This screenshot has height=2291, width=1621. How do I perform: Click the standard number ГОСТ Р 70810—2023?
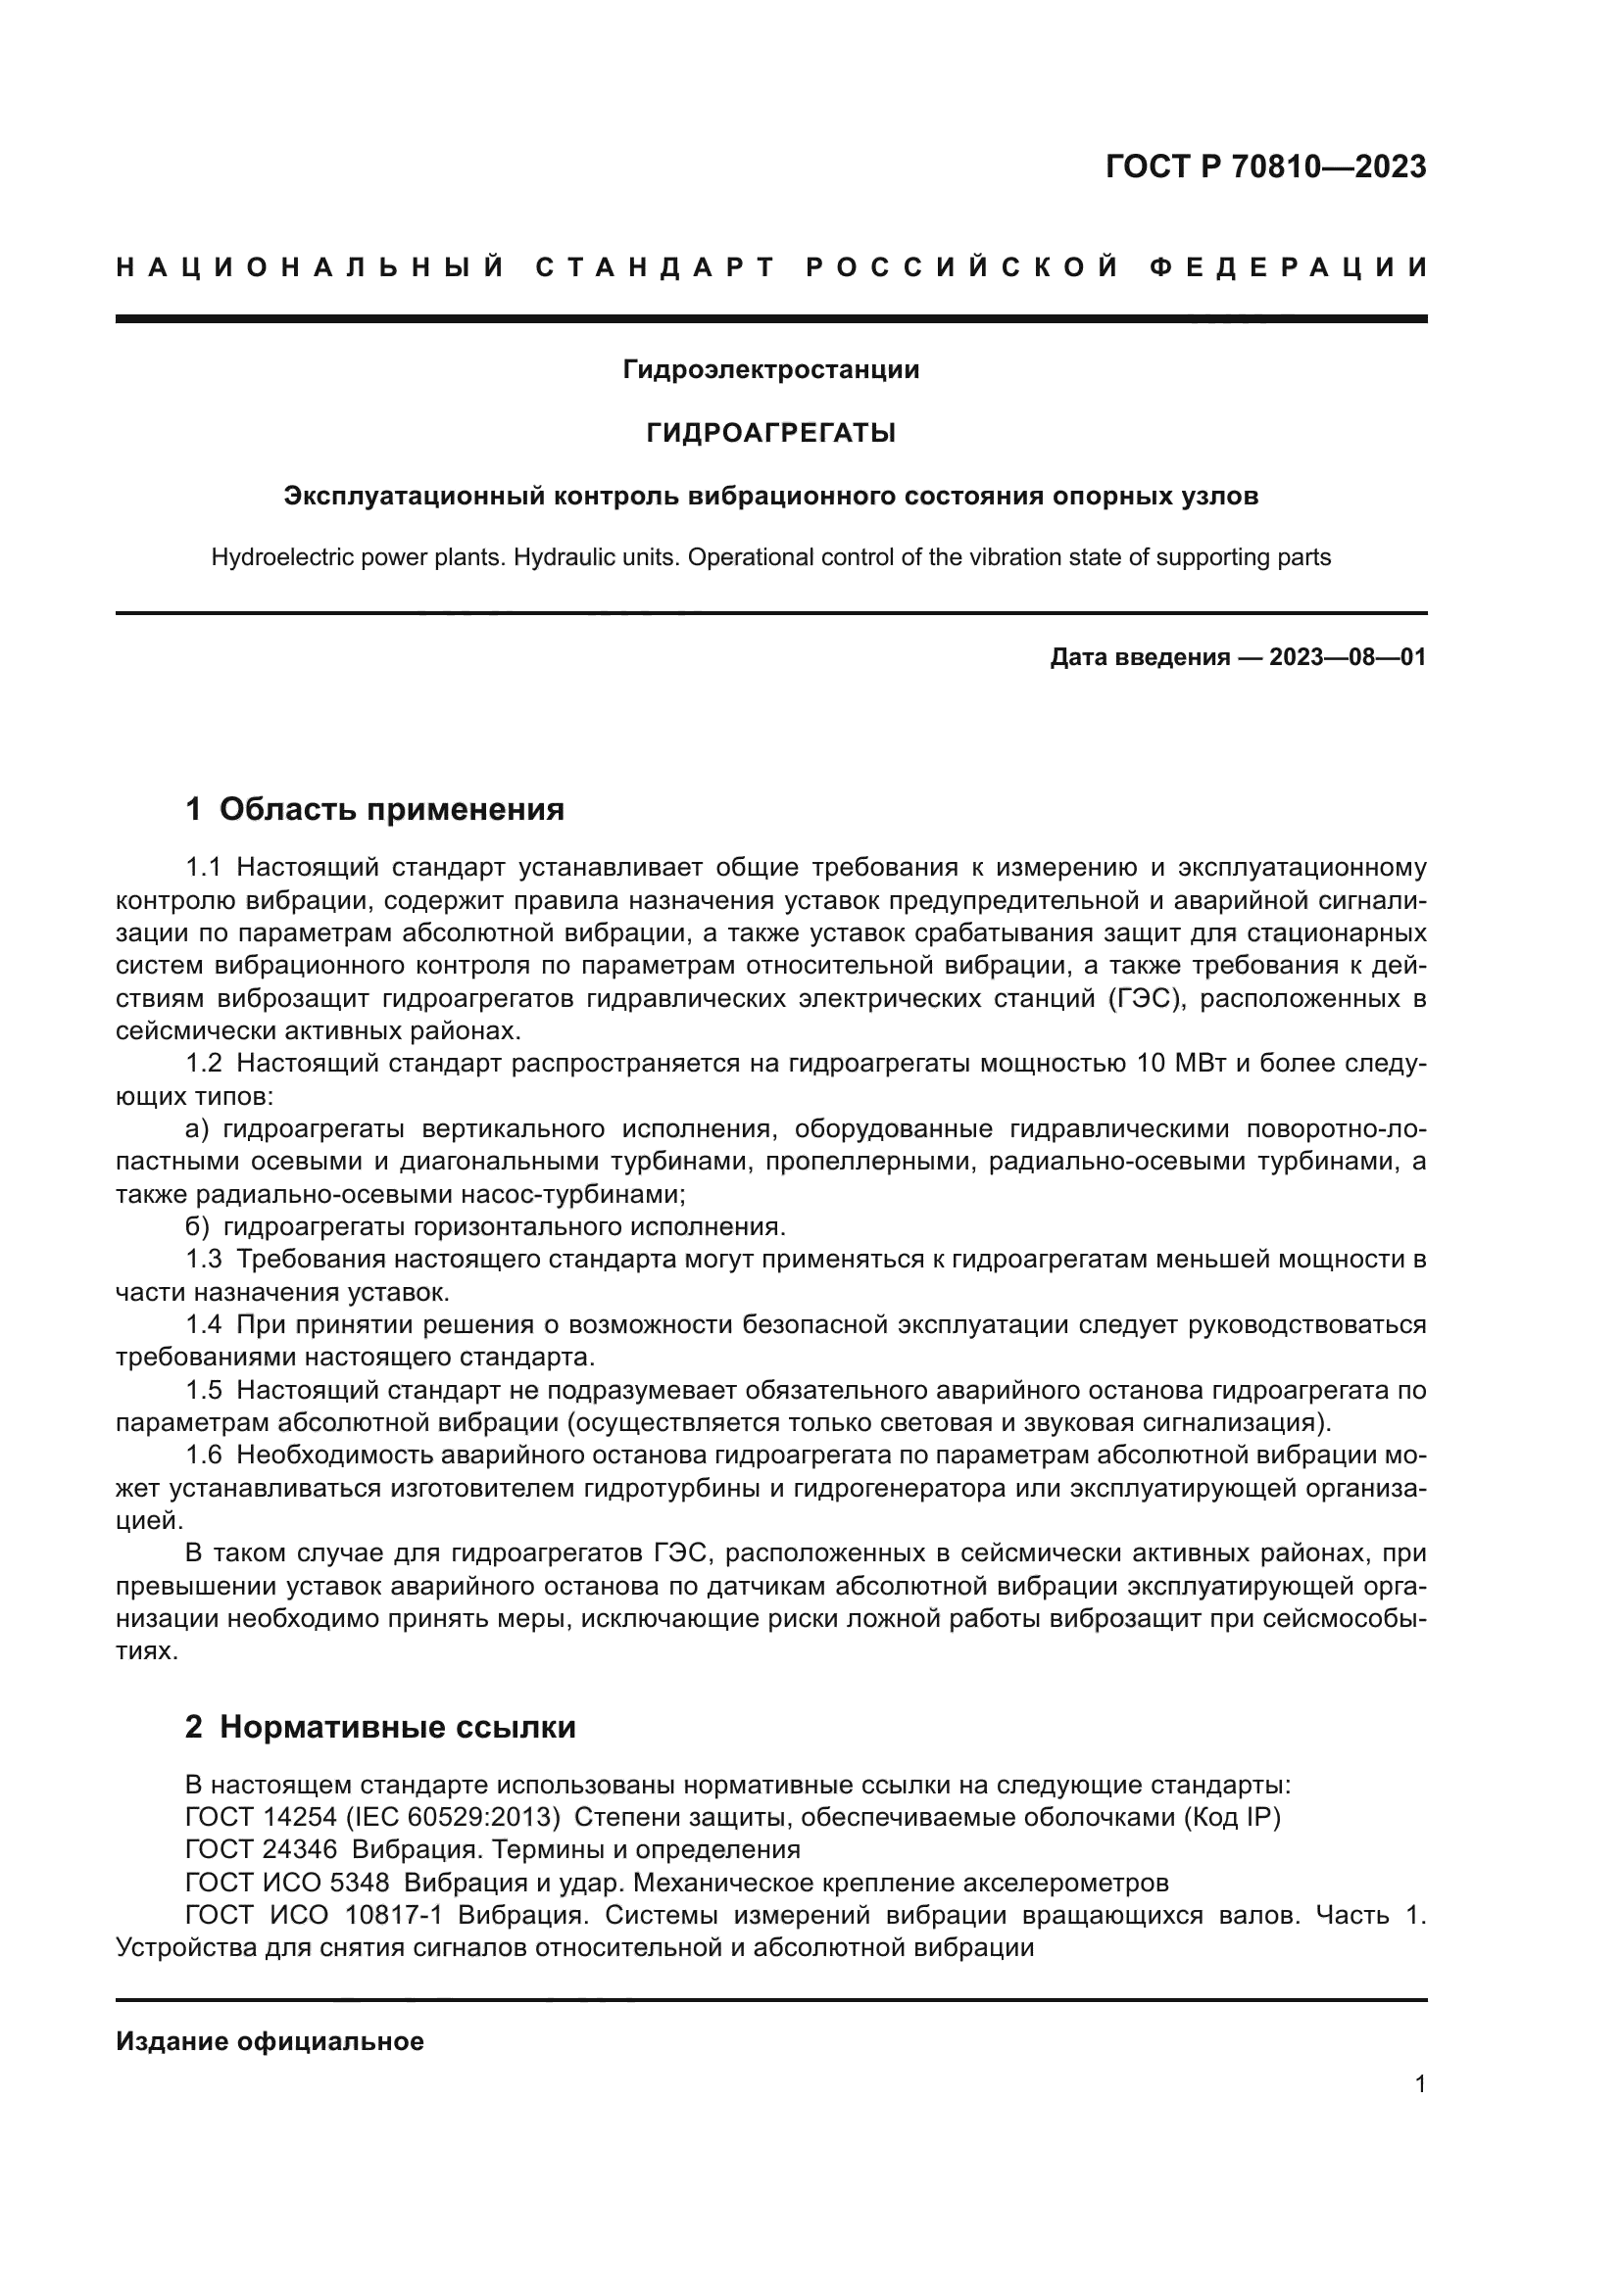[1265, 167]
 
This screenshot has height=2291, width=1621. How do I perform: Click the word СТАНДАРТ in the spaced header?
[655, 267]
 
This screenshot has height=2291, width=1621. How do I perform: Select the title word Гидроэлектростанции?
[770, 370]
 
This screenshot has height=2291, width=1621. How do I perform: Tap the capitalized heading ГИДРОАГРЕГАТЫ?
[770, 433]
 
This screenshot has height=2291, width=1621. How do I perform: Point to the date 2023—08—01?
[1348, 657]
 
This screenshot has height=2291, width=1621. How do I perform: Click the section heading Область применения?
[391, 808]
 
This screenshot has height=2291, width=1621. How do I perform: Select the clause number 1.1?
[204, 866]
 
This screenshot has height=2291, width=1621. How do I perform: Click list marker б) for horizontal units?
[197, 1226]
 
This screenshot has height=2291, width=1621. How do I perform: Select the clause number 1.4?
[204, 1324]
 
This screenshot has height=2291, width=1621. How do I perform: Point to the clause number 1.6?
[204, 1455]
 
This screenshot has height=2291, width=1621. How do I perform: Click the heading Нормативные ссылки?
[397, 1726]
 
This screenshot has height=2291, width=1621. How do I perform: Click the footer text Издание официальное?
[270, 2041]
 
